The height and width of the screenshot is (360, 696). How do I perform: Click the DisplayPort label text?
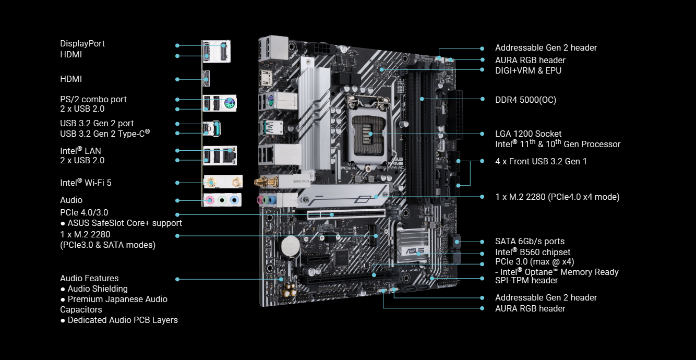coord(82,43)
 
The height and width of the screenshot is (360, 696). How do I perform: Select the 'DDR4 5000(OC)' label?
coord(525,100)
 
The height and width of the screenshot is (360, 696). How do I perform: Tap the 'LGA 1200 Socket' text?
coord(528,134)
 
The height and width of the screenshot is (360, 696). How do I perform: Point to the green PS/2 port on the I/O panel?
coord(229,103)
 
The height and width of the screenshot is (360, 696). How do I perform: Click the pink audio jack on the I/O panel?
coord(210,199)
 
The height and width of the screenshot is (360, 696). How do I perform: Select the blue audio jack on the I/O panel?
coord(234,199)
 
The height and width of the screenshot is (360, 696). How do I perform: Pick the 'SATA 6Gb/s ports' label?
coord(530,241)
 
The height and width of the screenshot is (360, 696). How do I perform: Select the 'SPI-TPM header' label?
coord(526,280)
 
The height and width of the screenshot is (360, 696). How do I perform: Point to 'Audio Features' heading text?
coord(89,278)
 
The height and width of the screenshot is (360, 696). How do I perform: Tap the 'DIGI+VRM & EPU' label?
coord(528,70)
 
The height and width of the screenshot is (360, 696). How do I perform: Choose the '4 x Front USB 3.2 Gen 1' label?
coord(541,161)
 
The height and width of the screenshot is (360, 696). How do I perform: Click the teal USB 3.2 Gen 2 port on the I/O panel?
coord(217,127)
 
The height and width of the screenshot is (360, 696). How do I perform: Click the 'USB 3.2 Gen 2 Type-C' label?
coord(104,134)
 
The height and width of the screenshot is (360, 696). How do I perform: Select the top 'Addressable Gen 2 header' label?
coord(546,47)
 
